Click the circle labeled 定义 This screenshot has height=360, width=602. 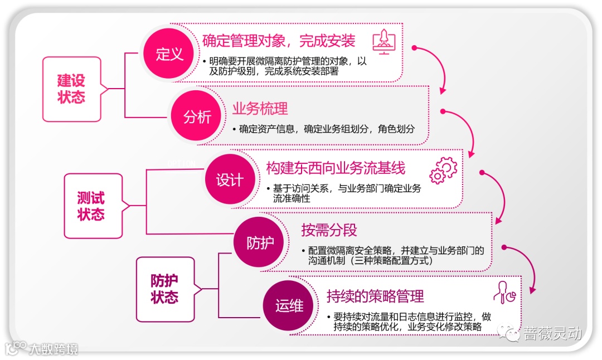(169, 54)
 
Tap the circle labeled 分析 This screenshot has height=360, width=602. (197, 117)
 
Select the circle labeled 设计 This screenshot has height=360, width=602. (230, 181)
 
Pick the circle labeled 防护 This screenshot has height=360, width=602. (260, 243)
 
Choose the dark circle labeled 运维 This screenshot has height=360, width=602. (289, 306)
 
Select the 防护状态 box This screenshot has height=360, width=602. (164, 289)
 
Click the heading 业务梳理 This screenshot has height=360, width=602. (260, 108)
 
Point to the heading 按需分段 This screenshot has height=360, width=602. (329, 230)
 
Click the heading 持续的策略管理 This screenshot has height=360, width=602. (375, 295)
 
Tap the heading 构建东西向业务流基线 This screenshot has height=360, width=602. (335, 168)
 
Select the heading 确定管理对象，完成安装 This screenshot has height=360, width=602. (279, 41)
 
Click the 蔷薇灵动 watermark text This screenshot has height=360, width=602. (552, 334)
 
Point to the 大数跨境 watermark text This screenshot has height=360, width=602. (54, 349)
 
